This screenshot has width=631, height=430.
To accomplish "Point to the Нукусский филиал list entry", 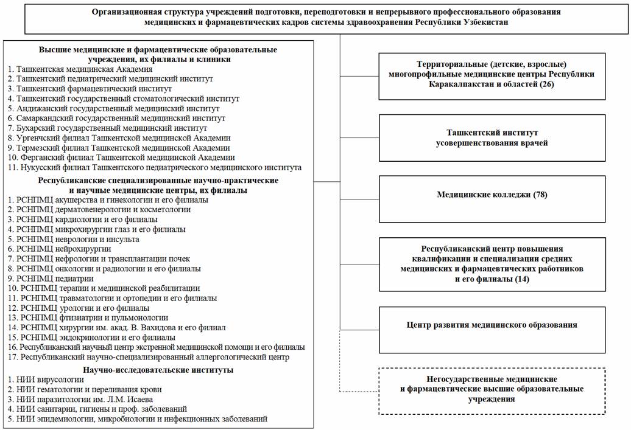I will coord(155,167).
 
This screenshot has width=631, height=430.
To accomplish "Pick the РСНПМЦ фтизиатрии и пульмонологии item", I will coord(88,317).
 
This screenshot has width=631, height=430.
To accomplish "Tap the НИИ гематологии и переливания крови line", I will coord(85,389).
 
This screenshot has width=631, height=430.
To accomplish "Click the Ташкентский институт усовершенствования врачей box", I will coord(492,137).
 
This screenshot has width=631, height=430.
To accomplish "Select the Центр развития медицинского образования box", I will coord(492,325).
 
